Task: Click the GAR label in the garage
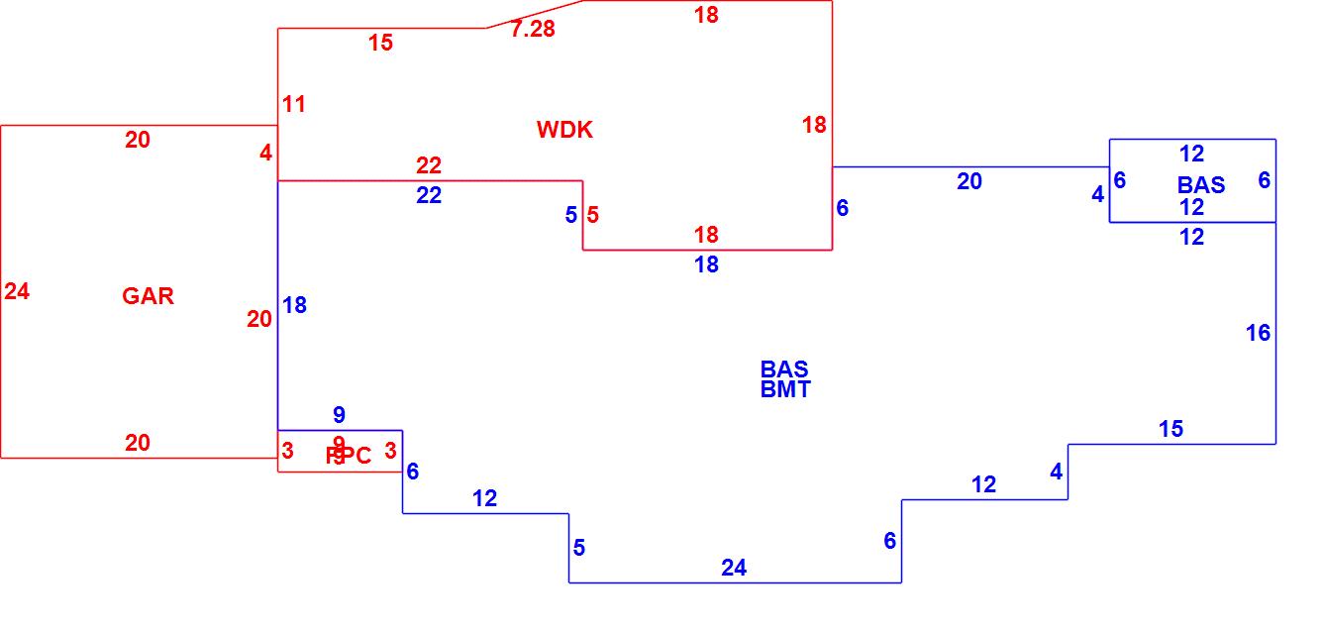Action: point(148,296)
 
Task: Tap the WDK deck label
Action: point(564,130)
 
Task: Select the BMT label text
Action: point(785,390)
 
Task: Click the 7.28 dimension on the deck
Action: point(533,30)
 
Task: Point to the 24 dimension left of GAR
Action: point(17,291)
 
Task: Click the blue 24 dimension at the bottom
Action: point(734,568)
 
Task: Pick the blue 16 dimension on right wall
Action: point(1258,333)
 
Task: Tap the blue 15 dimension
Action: point(1171,429)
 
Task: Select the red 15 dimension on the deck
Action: point(380,43)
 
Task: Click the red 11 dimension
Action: point(294,104)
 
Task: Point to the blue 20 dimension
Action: point(969,181)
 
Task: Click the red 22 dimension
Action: point(429,165)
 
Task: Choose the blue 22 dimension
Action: point(429,196)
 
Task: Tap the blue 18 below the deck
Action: point(706,265)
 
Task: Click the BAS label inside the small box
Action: point(1201,185)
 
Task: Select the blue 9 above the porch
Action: point(339,415)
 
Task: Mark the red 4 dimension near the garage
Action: point(265,154)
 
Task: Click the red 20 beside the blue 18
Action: point(259,319)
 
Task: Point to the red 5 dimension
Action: point(592,215)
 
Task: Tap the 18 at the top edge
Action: point(706,16)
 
